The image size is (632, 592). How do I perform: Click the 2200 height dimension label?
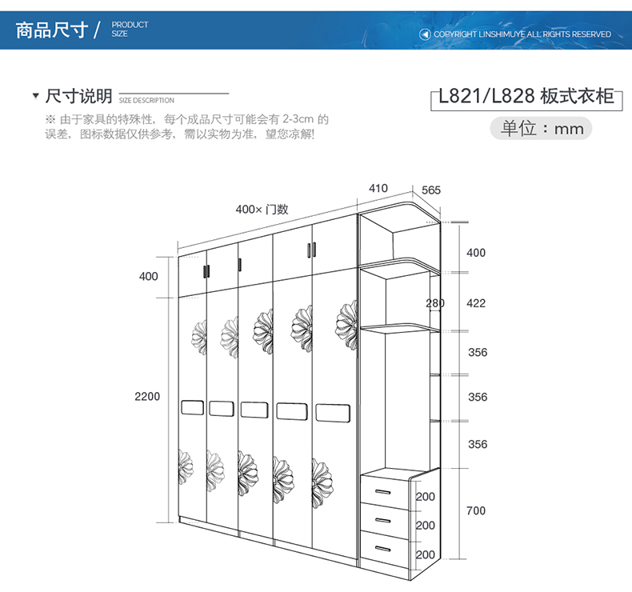[x=148, y=397]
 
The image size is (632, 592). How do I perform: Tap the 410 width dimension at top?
[x=378, y=189]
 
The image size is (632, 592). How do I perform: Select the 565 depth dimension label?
[x=431, y=190]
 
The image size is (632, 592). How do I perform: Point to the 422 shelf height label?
[x=476, y=303]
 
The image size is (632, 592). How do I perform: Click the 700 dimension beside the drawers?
[x=476, y=510]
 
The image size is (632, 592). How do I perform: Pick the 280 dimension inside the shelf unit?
[x=435, y=303]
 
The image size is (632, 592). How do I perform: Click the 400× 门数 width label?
[x=262, y=210]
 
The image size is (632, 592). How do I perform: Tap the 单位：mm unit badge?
[x=542, y=129]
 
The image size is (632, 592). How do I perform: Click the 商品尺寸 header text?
[x=51, y=30]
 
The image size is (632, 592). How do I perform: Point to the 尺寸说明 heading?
[x=79, y=97]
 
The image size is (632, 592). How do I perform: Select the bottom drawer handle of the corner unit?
[x=386, y=549]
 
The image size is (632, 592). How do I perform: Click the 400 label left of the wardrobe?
[x=149, y=277]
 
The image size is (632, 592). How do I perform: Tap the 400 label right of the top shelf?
[x=476, y=253]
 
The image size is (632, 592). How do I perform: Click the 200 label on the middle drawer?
[x=426, y=526]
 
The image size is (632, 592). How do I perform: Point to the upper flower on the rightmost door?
[x=346, y=323]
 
